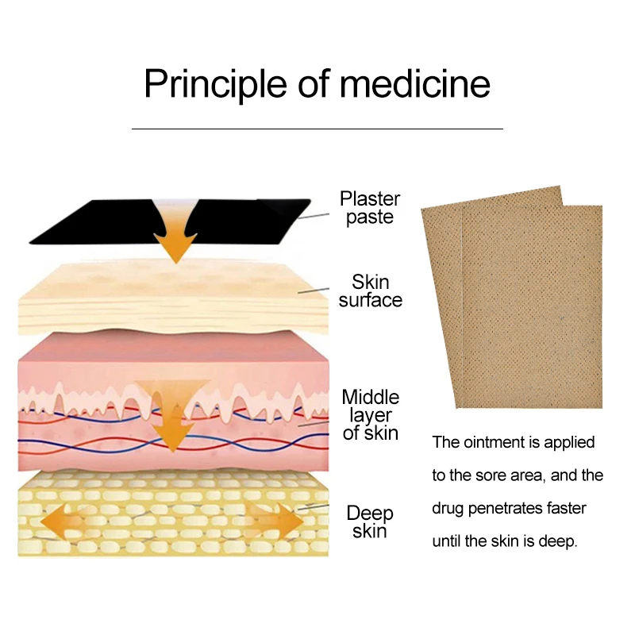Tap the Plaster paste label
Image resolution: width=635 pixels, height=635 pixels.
point(370,208)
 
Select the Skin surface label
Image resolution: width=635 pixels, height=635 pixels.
point(370,291)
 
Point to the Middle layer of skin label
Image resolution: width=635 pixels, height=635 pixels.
point(370,414)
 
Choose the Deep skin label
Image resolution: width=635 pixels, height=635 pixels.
point(370,521)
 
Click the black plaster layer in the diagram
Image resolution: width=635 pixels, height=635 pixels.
point(87,222)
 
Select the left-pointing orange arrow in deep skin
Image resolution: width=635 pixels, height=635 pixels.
point(67,524)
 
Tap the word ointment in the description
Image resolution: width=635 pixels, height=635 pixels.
point(495,442)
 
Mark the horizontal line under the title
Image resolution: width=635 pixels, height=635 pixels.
point(317,128)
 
